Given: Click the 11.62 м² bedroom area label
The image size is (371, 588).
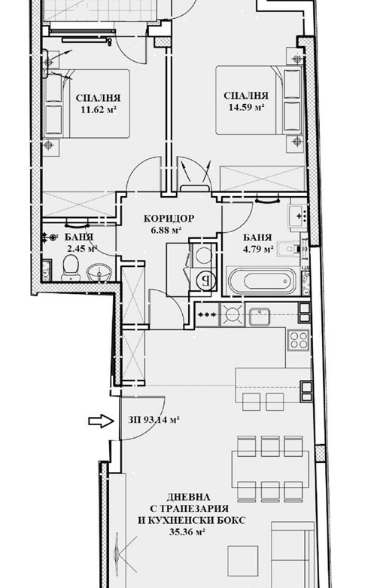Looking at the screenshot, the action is [x=98, y=110].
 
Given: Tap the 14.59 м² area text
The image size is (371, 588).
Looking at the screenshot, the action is [x=246, y=107].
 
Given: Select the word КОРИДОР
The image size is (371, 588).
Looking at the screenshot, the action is [x=169, y=219].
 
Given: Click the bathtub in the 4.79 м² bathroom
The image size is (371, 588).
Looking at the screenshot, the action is [x=262, y=281].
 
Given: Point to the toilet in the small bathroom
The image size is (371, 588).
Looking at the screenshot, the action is [x=71, y=267].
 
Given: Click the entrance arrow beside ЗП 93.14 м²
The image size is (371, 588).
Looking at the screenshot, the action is [x=101, y=421].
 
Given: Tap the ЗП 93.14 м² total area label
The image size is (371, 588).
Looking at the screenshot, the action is [x=153, y=420].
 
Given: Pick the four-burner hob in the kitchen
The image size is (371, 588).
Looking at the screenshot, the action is [x=298, y=340].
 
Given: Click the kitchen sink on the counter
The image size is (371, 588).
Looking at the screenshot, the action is [x=259, y=316].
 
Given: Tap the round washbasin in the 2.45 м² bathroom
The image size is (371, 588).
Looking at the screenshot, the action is [x=99, y=272].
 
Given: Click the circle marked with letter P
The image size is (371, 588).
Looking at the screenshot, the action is [x=205, y=280].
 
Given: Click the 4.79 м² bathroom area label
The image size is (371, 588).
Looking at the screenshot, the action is [x=257, y=249].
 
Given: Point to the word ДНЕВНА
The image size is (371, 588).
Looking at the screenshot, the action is [x=188, y=497].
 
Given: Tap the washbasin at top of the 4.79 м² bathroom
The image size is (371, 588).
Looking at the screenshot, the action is [x=298, y=216].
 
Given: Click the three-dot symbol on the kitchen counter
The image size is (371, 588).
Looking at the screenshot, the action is [x=207, y=314].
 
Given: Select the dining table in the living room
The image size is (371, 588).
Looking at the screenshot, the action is [x=270, y=469].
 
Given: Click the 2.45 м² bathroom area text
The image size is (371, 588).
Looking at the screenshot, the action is [x=82, y=248].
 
